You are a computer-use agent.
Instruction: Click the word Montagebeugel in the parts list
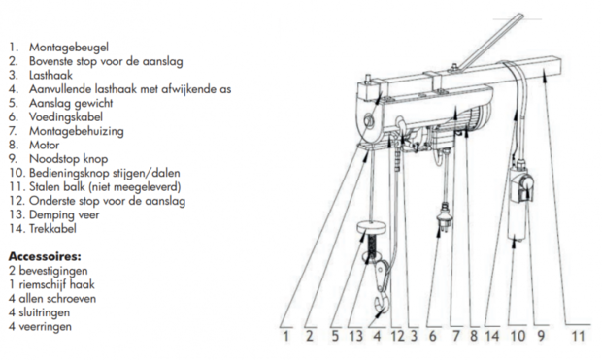click(69, 48)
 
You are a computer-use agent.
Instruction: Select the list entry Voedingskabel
click(66, 117)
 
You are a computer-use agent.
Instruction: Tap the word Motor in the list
click(44, 146)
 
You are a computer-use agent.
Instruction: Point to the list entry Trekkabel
click(52, 229)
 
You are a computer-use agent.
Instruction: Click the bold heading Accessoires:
click(45, 256)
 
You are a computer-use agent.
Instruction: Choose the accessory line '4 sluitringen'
click(39, 312)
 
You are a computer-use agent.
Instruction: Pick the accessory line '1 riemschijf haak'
click(51, 284)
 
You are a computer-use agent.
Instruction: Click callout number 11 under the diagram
click(578, 336)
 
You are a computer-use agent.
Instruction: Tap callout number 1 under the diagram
click(285, 336)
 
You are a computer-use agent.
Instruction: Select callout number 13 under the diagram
click(356, 336)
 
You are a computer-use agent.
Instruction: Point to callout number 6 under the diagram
click(433, 336)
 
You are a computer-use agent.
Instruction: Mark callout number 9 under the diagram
click(541, 336)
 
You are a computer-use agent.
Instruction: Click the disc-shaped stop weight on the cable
click(371, 228)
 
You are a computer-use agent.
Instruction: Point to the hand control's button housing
click(522, 188)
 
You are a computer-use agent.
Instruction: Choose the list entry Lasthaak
click(50, 76)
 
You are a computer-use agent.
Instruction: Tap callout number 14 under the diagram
click(492, 336)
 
